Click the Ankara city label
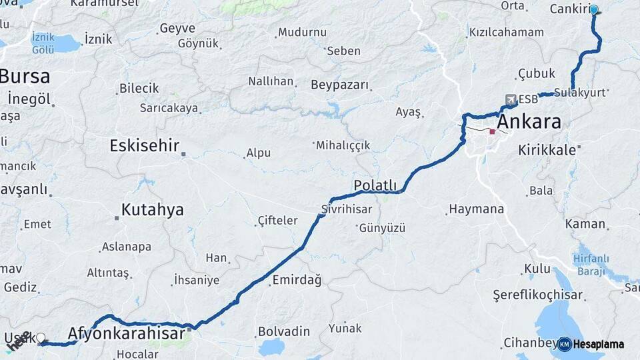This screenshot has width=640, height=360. (529, 123)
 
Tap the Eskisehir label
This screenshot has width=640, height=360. (145, 145)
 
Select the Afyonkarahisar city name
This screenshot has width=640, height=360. (126, 333)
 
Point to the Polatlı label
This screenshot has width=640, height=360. (375, 185)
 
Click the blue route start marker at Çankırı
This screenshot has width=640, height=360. (593, 10)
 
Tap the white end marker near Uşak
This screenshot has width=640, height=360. (41, 338)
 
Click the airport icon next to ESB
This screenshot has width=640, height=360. (511, 100)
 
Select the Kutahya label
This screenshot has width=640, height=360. (152, 210)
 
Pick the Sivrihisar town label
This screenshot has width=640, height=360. (346, 209)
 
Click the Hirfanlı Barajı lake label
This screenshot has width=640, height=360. (591, 264)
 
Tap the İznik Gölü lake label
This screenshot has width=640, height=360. (43, 44)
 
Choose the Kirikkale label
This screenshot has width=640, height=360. (547, 150)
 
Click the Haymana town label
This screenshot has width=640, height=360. (476, 209)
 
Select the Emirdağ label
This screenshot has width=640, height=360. (297, 280)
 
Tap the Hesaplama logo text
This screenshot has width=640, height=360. (598, 344)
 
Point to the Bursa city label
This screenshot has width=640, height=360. (25, 76)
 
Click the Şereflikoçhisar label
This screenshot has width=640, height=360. (538, 295)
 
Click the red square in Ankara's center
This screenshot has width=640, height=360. (492, 132)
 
